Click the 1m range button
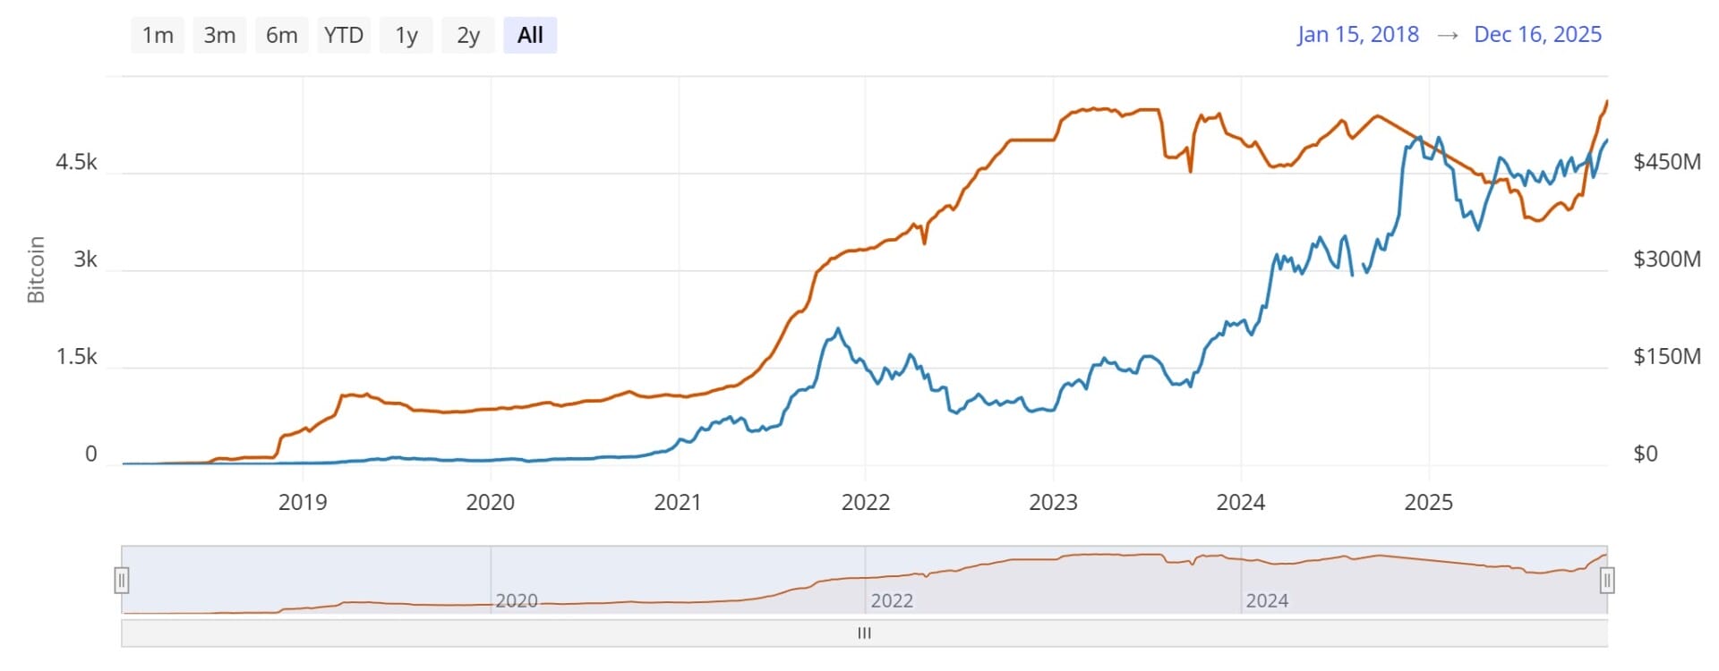[158, 36]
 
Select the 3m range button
[219, 36]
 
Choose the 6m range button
[281, 36]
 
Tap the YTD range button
[344, 36]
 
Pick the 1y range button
[406, 36]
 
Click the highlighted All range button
[530, 36]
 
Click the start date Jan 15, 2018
[1357, 35]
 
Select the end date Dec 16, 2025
[1537, 35]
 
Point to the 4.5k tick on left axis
[77, 162]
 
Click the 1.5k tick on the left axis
[77, 357]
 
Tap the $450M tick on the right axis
[1666, 162]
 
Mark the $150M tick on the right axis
[1666, 357]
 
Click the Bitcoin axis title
[36, 269]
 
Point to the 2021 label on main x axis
[678, 502]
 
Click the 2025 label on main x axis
[1428, 502]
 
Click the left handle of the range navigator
[122, 581]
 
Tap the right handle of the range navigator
[1607, 581]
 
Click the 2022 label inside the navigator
[892, 601]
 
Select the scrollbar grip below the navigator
[864, 633]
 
